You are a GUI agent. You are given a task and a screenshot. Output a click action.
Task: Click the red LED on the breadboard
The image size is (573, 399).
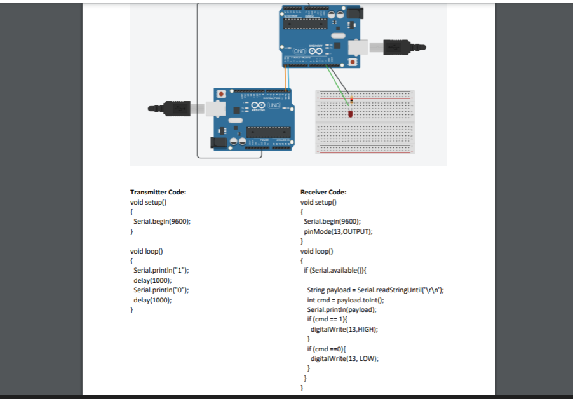pos(350,114)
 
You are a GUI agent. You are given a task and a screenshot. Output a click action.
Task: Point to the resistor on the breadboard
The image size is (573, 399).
pos(351,100)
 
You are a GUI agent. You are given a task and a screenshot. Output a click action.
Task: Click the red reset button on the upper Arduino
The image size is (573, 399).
pos(353,62)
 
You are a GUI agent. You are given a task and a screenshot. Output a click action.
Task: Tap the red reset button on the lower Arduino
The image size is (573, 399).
pos(221,94)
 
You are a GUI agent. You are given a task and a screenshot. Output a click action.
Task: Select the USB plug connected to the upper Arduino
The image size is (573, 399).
pos(401,47)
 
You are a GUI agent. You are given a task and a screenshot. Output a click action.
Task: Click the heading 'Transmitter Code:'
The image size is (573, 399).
pos(158,192)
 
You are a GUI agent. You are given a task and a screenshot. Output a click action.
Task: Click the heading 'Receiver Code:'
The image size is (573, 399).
pos(323,192)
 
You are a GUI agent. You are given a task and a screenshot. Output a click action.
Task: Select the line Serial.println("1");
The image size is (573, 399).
pos(161,270)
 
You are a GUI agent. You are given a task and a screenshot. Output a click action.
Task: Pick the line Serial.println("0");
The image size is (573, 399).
pos(161,290)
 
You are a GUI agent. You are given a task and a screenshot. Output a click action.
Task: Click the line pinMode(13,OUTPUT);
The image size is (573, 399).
pos(338,231)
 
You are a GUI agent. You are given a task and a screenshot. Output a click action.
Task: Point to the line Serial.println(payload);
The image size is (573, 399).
pos(341,309)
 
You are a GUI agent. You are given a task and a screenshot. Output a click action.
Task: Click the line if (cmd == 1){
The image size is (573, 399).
pos(325,319)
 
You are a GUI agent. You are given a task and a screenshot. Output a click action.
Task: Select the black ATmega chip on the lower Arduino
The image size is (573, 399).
pos(268,132)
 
